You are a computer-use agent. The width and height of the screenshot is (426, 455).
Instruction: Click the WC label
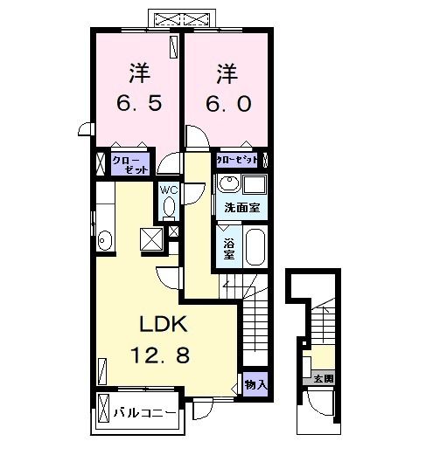[x=168, y=189]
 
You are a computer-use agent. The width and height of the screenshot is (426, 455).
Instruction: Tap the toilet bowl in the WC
[x=169, y=208]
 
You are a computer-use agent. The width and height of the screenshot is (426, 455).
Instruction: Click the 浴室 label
[x=228, y=248]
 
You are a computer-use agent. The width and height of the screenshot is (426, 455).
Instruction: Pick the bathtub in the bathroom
[x=255, y=246]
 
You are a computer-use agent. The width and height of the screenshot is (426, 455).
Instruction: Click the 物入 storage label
[x=256, y=385]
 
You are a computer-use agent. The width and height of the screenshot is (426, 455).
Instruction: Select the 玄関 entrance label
[x=324, y=378]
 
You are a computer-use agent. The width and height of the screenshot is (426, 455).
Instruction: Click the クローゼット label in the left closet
[x=131, y=163]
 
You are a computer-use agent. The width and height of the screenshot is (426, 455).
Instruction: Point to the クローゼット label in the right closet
[x=237, y=162]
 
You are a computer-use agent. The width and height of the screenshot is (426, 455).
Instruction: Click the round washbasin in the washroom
[x=230, y=184]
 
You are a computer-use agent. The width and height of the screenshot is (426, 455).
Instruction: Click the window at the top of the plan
[x=182, y=18]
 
